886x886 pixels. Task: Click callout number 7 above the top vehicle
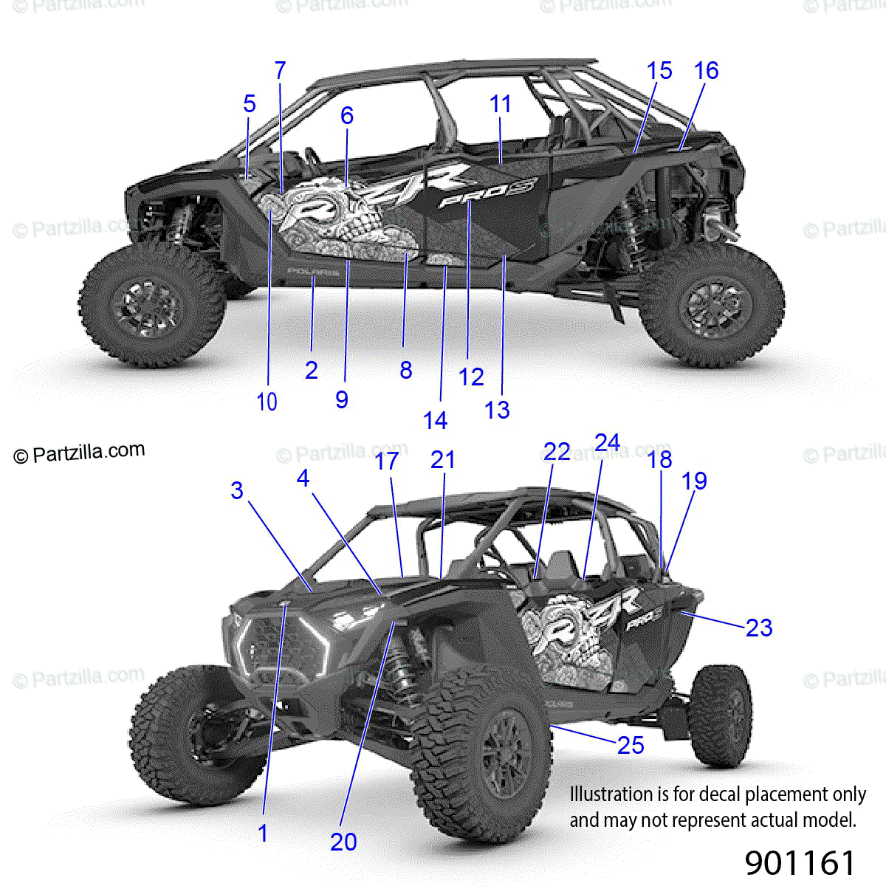click(x=280, y=71)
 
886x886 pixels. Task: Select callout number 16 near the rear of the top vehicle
click(x=706, y=71)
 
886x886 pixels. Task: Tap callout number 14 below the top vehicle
click(x=435, y=420)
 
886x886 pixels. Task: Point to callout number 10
click(x=267, y=402)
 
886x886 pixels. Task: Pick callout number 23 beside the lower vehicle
click(x=759, y=628)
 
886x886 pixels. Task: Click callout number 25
click(x=631, y=745)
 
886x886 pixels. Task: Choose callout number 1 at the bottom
click(x=263, y=833)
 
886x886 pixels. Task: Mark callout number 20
click(x=343, y=841)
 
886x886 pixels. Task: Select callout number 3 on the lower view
click(x=236, y=490)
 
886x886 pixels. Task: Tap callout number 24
click(x=607, y=442)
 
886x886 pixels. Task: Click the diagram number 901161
click(x=800, y=862)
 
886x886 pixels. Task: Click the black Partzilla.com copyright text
click(x=80, y=453)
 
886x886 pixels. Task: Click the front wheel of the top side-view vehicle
click(x=151, y=306)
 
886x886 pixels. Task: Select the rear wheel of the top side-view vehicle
click(x=711, y=306)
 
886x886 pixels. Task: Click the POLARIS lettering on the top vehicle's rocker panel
click(x=313, y=272)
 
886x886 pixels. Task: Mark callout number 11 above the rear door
click(x=500, y=104)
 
